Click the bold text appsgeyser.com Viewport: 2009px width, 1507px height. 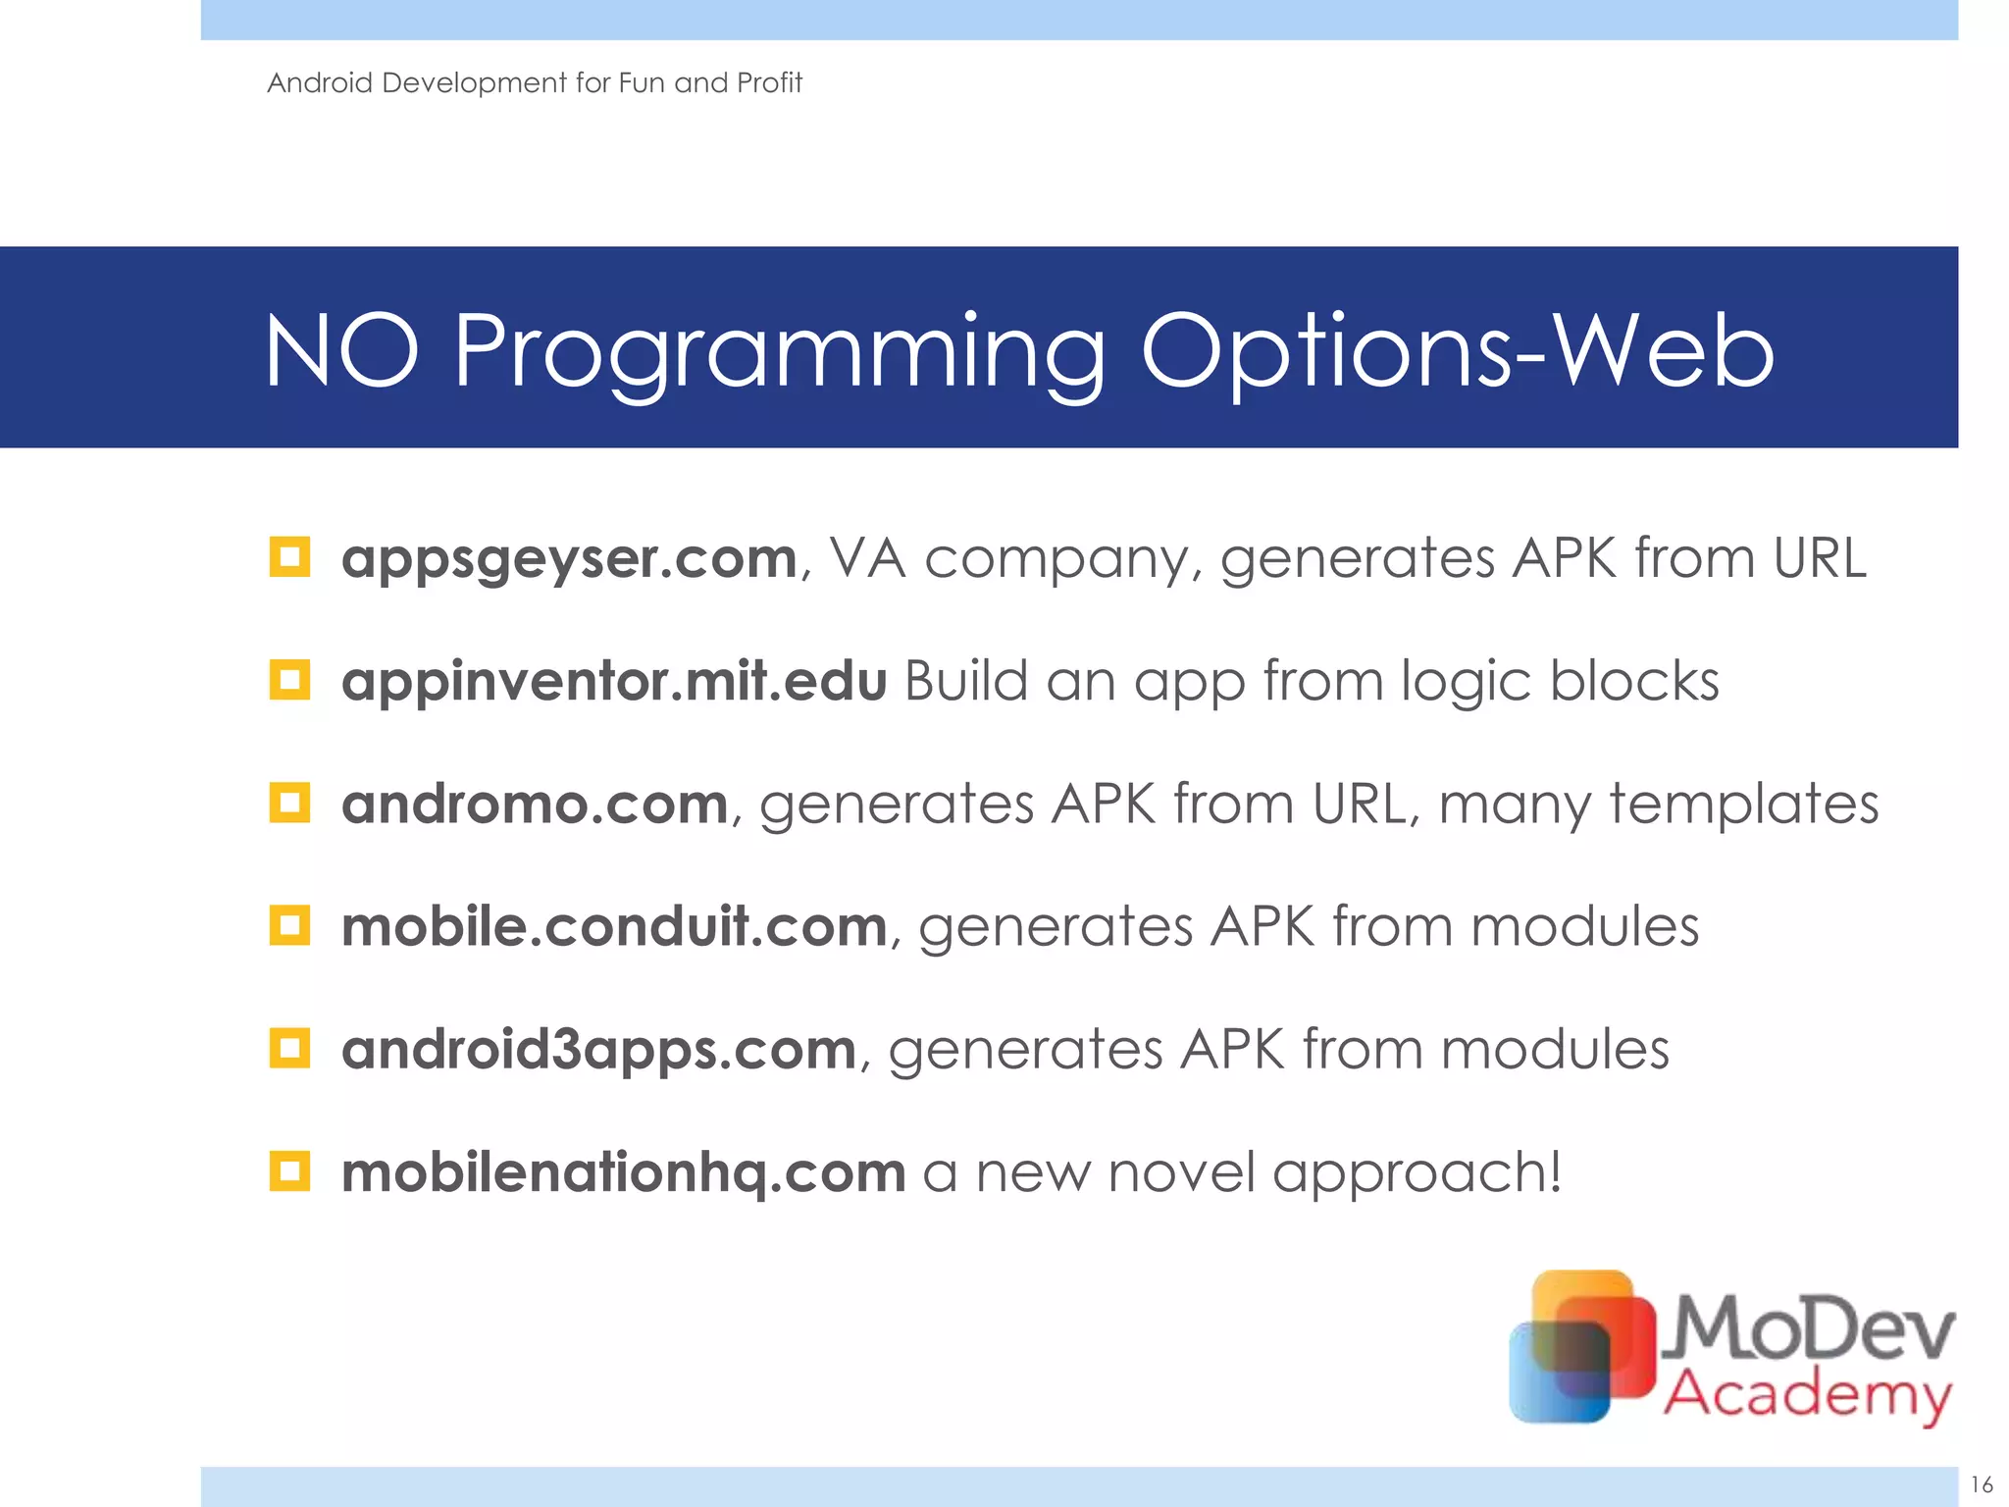click(x=569, y=559)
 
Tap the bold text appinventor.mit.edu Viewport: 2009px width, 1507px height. click(x=614, y=681)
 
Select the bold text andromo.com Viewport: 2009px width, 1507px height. click(x=535, y=805)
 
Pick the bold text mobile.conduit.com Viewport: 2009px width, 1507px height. click(x=614, y=927)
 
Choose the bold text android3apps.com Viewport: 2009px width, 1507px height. click(x=599, y=1050)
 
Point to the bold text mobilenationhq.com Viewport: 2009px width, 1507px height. click(x=623, y=1172)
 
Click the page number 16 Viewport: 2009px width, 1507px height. click(x=1982, y=1484)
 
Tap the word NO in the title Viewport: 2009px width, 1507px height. click(x=341, y=351)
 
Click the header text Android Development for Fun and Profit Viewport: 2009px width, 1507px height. click(x=535, y=83)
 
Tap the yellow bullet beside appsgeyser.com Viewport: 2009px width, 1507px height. click(x=289, y=557)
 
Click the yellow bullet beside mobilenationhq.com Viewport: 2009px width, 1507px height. click(x=289, y=1170)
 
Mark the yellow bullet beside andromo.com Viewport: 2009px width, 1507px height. click(x=289, y=803)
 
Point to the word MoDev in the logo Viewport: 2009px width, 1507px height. click(x=1813, y=1329)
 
